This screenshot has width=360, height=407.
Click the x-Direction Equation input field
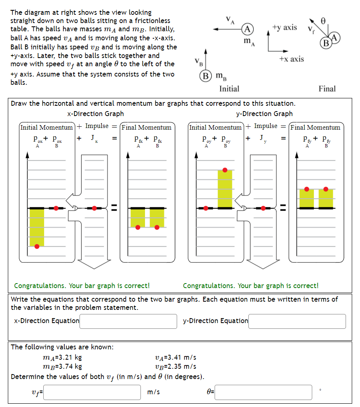point(128,321)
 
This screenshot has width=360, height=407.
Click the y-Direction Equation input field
point(297,321)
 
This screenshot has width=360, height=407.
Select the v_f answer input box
point(92,392)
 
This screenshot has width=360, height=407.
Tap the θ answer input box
point(263,392)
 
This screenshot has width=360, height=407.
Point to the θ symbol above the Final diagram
point(323,19)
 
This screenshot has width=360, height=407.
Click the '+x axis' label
point(291,59)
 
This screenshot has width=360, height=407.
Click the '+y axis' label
point(285,27)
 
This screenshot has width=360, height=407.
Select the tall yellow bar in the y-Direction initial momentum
point(224,188)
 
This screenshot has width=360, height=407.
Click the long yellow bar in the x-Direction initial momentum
point(37,227)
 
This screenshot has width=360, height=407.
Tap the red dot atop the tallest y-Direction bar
point(224,170)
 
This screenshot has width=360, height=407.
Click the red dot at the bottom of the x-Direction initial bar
point(37,246)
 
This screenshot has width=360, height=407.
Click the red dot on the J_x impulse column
point(94,208)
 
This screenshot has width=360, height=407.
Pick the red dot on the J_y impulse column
point(264,208)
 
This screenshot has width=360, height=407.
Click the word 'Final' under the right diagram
point(327,88)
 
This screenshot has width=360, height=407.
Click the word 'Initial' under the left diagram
point(229,88)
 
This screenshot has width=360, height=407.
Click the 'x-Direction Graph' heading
point(95,114)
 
